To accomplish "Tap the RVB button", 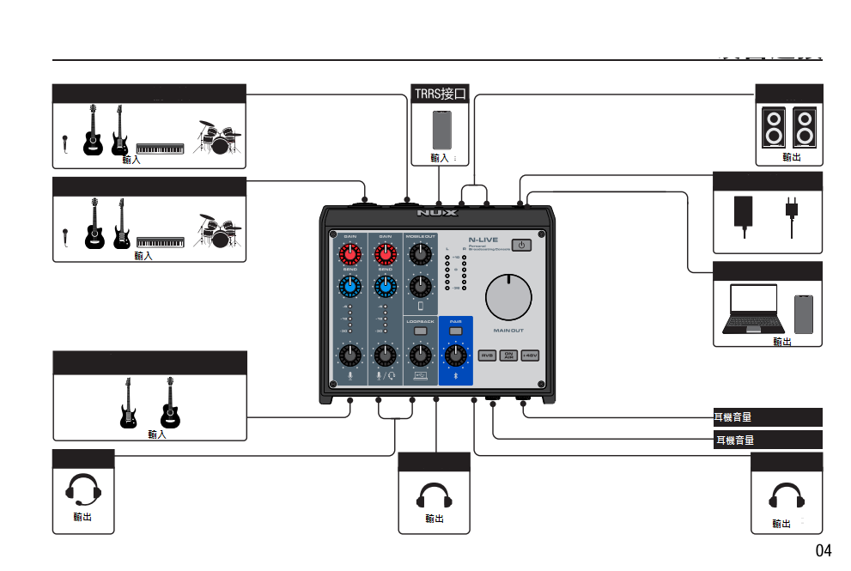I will (487, 355).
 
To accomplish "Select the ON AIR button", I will (508, 355).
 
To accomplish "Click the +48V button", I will (530, 355).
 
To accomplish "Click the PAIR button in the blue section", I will (456, 331).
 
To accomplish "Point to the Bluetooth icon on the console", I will (456, 376).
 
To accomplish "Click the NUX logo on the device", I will (437, 212).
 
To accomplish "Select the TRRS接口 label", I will (441, 94).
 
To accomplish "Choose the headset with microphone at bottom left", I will (83, 490).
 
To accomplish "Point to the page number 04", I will (823, 550).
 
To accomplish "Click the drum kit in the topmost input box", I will (216, 137).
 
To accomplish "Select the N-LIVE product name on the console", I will (483, 240).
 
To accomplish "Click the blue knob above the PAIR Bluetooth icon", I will (456, 353).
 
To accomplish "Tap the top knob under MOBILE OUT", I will (420, 254).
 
